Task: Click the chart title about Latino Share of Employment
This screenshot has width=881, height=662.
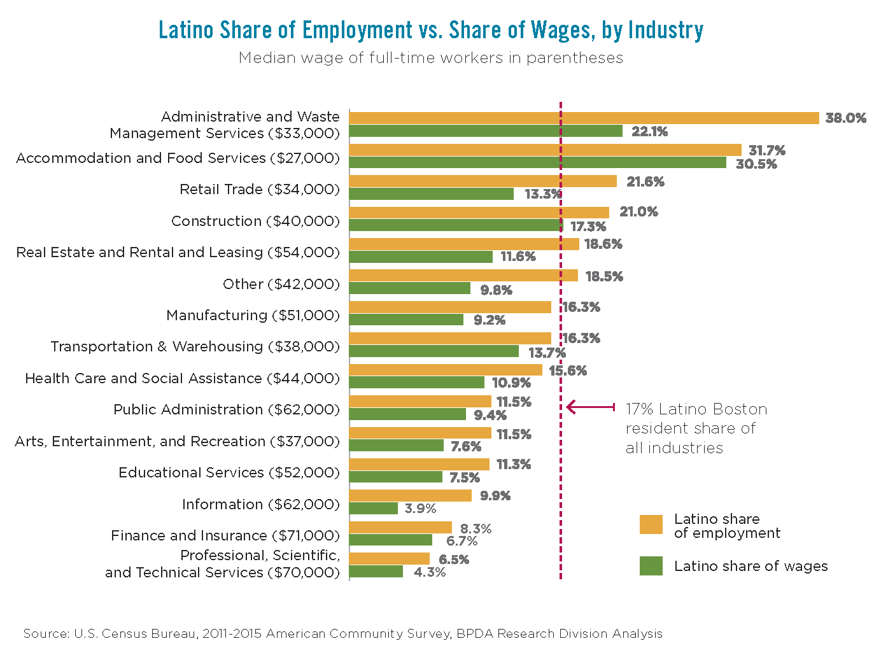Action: click(431, 30)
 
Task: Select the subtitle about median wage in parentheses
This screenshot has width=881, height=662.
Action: click(431, 58)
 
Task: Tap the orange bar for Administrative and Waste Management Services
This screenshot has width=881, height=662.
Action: click(584, 118)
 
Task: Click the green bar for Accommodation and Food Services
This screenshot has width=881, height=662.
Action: click(537, 162)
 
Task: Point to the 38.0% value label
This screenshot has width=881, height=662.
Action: click(845, 118)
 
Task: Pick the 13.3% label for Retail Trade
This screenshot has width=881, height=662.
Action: click(542, 194)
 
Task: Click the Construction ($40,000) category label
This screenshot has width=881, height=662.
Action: click(255, 221)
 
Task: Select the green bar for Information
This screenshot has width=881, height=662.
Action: click(373, 508)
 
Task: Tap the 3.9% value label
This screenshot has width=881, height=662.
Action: click(420, 509)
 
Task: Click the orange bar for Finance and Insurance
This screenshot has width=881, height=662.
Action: click(400, 527)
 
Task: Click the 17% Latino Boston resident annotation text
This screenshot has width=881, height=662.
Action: click(696, 428)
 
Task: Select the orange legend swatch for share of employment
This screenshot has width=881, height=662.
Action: click(651, 525)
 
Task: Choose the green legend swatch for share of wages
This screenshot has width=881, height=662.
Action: click(651, 566)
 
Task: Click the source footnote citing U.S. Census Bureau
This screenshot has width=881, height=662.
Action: click(342, 633)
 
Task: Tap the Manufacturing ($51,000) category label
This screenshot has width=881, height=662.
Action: click(253, 315)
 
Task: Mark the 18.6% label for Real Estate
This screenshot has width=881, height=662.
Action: click(603, 244)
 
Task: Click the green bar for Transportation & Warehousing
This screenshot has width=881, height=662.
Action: click(433, 351)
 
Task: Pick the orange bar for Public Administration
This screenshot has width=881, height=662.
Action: click(420, 401)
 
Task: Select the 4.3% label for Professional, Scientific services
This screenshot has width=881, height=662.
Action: click(429, 572)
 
